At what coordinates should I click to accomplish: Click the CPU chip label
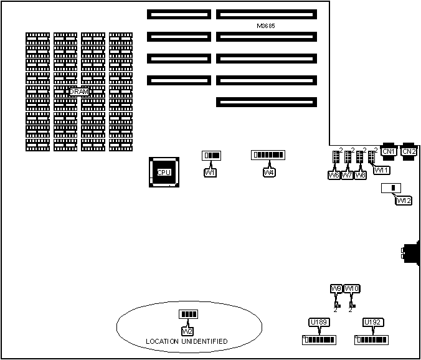[x=164, y=173]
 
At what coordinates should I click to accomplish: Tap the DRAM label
[x=79, y=92]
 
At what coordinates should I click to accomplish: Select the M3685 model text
[x=266, y=26]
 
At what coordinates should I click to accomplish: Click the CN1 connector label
[x=389, y=151]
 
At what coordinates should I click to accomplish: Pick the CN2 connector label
[x=409, y=151]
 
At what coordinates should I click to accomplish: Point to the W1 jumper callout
[x=210, y=173]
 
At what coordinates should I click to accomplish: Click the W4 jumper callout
[x=269, y=173]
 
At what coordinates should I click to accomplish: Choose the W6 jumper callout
[x=334, y=176]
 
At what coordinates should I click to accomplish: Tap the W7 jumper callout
[x=347, y=176]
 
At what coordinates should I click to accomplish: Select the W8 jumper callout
[x=360, y=176]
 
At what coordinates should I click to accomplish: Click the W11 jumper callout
[x=381, y=170]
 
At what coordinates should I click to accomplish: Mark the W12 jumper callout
[x=404, y=200]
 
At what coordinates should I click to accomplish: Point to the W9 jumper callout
[x=336, y=288]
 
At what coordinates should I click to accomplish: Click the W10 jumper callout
[x=352, y=288]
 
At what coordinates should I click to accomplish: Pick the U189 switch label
[x=318, y=322]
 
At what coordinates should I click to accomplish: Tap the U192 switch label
[x=372, y=322]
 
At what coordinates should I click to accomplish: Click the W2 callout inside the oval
[x=187, y=330]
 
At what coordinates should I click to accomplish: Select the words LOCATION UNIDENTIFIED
[x=186, y=341]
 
